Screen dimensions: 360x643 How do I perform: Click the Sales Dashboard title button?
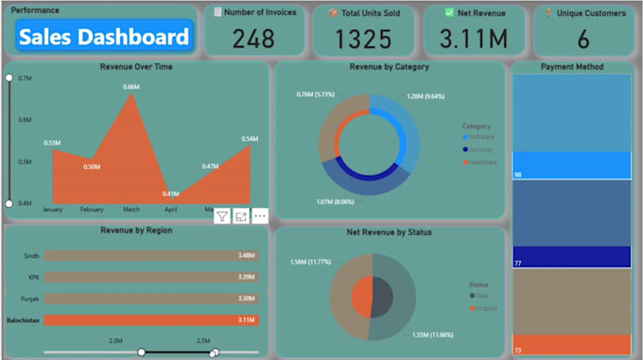pos(104,38)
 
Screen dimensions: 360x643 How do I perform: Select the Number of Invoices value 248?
pos(254,39)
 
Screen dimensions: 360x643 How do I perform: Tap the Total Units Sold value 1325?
pos(363,39)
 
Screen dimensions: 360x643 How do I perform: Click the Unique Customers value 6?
pos(583,39)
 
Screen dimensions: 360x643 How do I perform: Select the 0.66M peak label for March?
pos(131,87)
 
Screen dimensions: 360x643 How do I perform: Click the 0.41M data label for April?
pos(170,194)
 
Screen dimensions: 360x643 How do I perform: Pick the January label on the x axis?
pos(52,209)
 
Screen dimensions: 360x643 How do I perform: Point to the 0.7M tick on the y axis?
pos(25,77)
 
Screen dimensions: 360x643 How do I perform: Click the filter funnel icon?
pos(221,216)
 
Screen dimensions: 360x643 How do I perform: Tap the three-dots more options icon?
pos(260,216)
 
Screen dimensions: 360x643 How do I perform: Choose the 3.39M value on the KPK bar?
pos(248,277)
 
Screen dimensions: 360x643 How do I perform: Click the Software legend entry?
pos(480,137)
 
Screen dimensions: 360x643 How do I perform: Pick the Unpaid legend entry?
pos(484,308)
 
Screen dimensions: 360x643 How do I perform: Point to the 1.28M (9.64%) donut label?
pos(426,96)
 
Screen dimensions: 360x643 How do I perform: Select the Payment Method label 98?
pos(518,175)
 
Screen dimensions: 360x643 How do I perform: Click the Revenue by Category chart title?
pos(389,67)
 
